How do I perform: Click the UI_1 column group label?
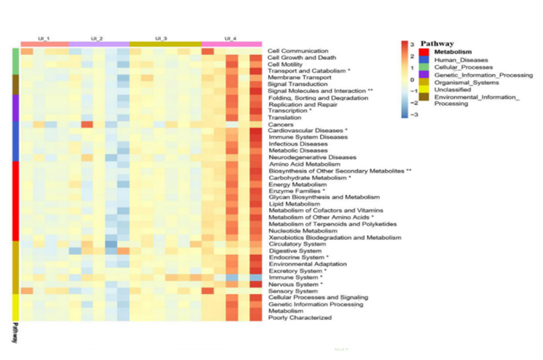(44, 38)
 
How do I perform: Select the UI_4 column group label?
(230, 38)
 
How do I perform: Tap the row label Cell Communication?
(293, 51)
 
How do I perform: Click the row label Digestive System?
(293, 251)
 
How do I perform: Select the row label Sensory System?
(292, 291)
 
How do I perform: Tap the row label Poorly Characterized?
(300, 317)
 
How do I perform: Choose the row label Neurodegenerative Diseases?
(312, 157)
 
